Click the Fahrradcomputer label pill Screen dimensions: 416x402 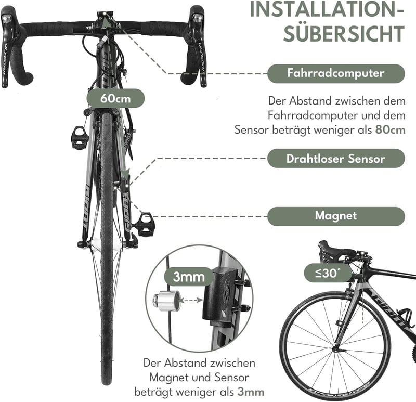[336, 73]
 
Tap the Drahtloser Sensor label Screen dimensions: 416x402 [336, 159]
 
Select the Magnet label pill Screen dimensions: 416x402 [336, 216]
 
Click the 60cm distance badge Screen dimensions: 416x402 [115, 98]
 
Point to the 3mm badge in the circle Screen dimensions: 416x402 [189, 277]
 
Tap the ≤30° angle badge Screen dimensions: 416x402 [328, 273]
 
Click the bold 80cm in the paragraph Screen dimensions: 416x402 [391, 130]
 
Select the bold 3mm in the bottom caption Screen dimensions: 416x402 [251, 392]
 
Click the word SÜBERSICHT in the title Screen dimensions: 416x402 [344, 33]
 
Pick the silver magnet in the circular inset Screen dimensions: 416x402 [167, 300]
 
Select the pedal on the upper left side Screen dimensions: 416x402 [80, 138]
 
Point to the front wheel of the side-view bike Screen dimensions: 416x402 [335, 344]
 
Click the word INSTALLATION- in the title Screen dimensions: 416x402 [327, 10]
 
